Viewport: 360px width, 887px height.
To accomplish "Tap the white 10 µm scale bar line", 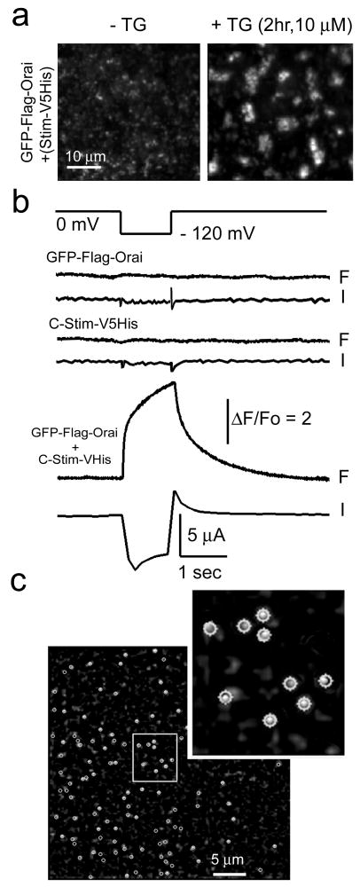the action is point(83,168).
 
